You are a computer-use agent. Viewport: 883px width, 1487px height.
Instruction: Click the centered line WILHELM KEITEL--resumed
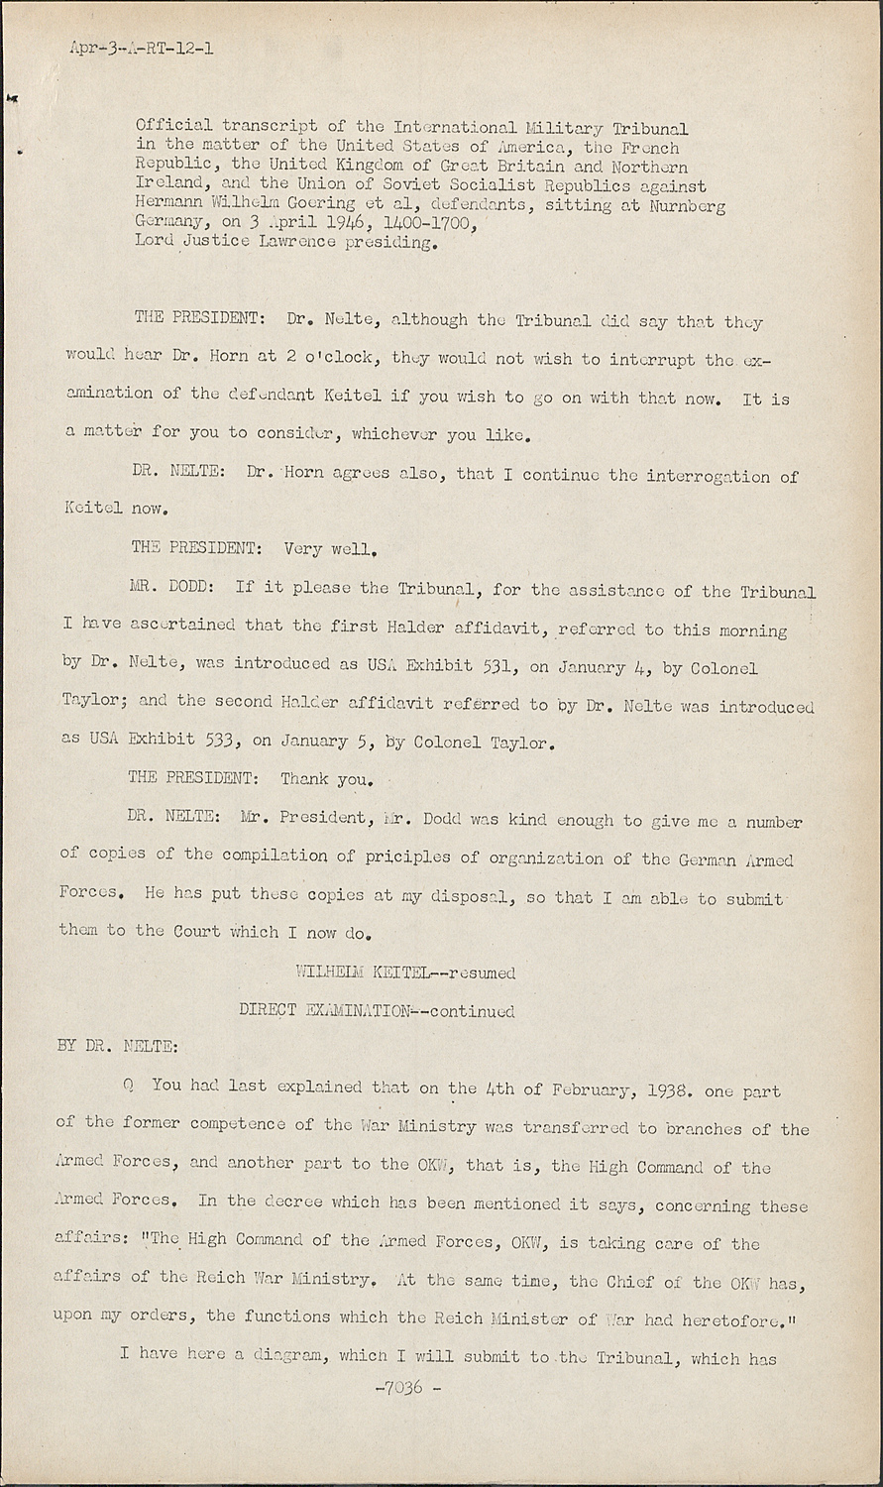pyautogui.click(x=405, y=972)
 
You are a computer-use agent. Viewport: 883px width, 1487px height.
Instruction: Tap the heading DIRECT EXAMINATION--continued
pyautogui.click(x=377, y=1011)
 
